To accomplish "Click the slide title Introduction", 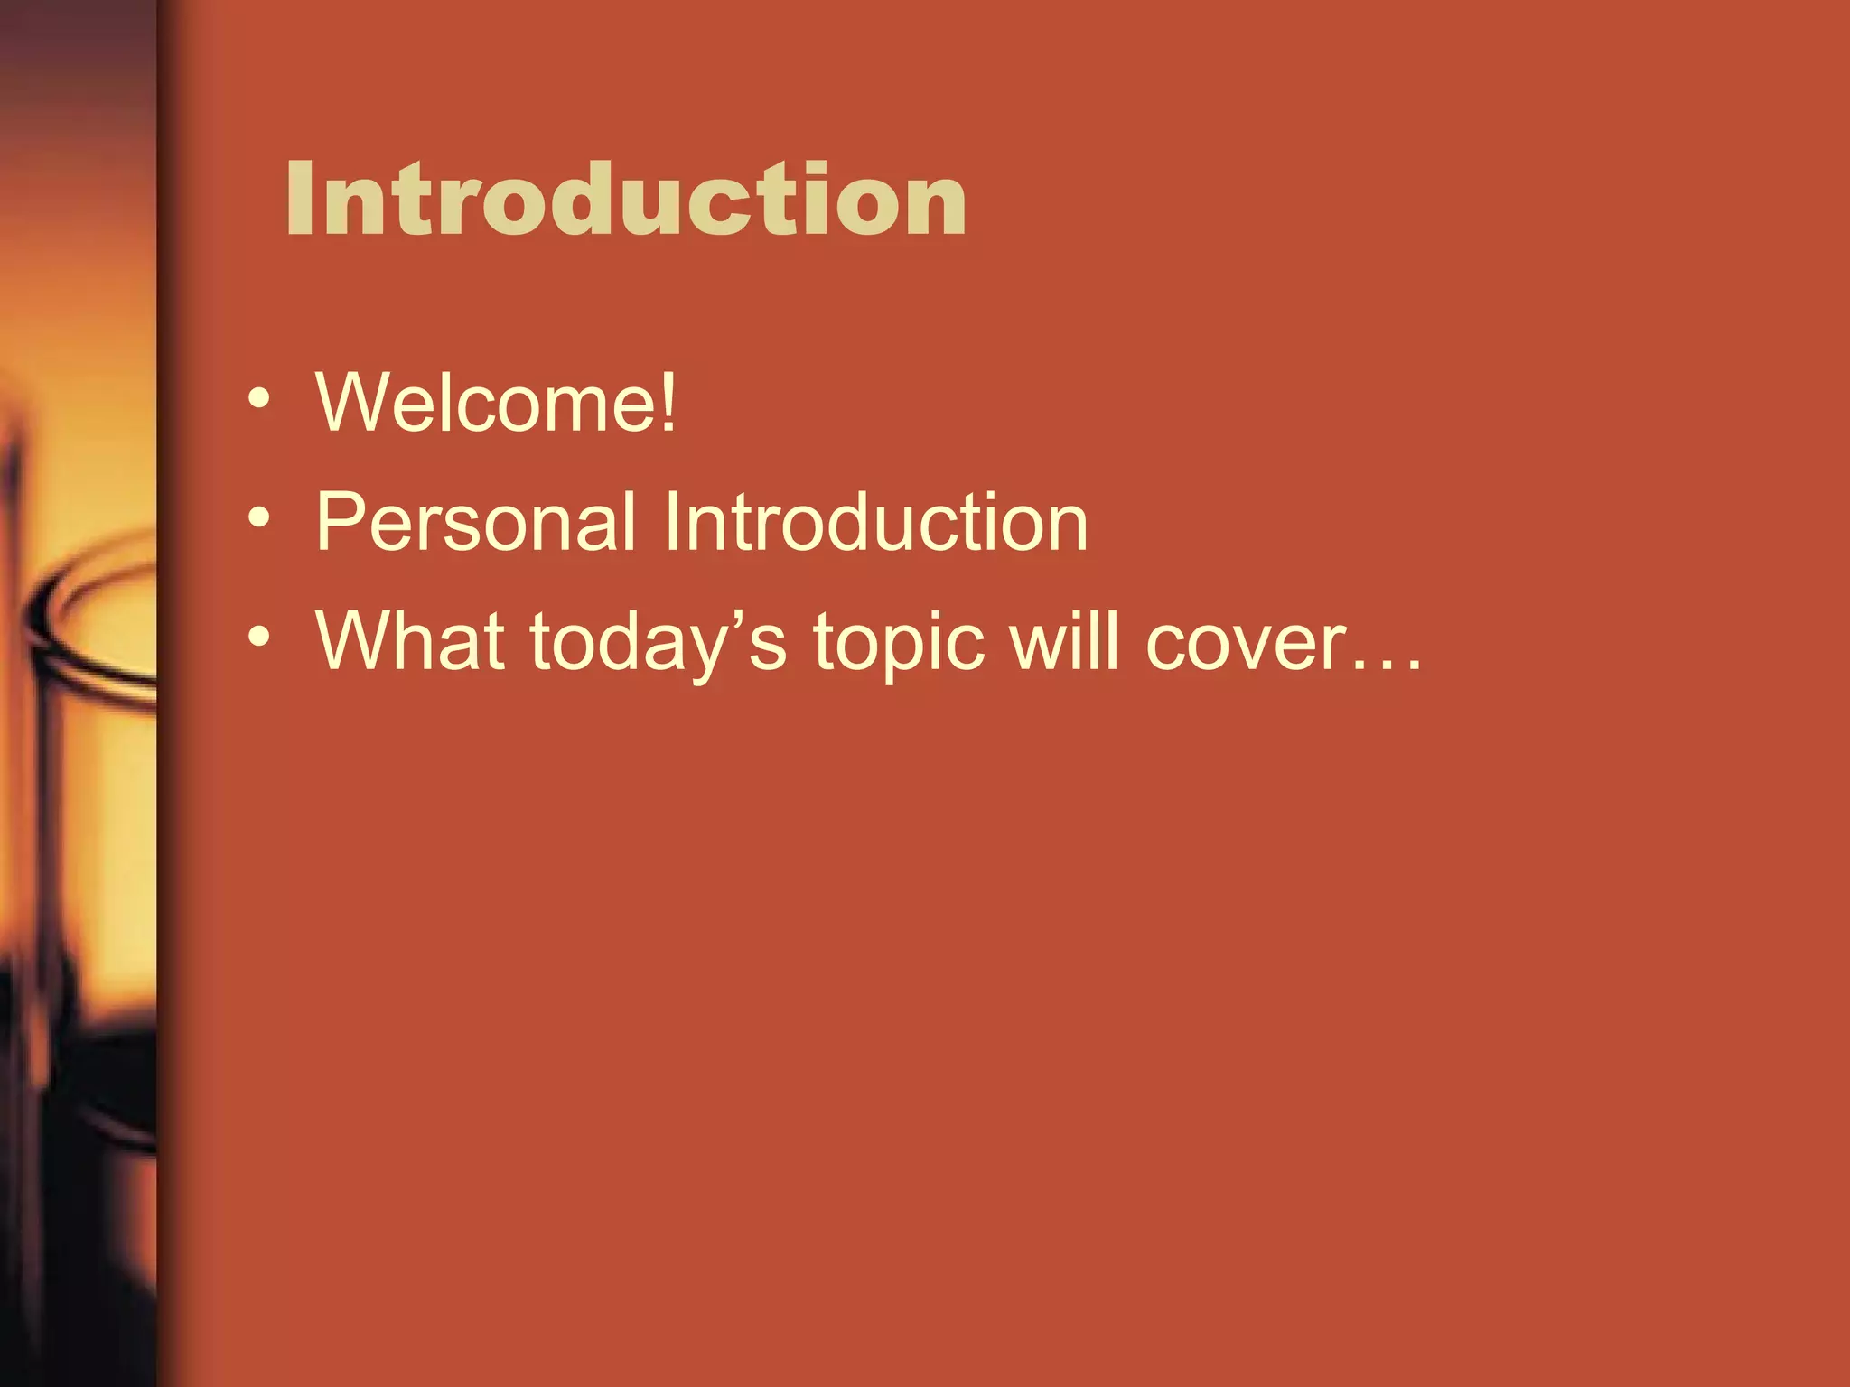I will pyautogui.click(x=625, y=200).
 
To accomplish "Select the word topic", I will pyautogui.click(x=899, y=643).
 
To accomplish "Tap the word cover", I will pyautogui.click(x=1247, y=643).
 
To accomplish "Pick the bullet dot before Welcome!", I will pyautogui.click(x=259, y=398).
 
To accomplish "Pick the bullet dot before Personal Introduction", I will pyautogui.click(x=259, y=518).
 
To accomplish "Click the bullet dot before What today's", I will pyautogui.click(x=259, y=638).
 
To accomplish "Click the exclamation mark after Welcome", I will pyautogui.click(x=668, y=402).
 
